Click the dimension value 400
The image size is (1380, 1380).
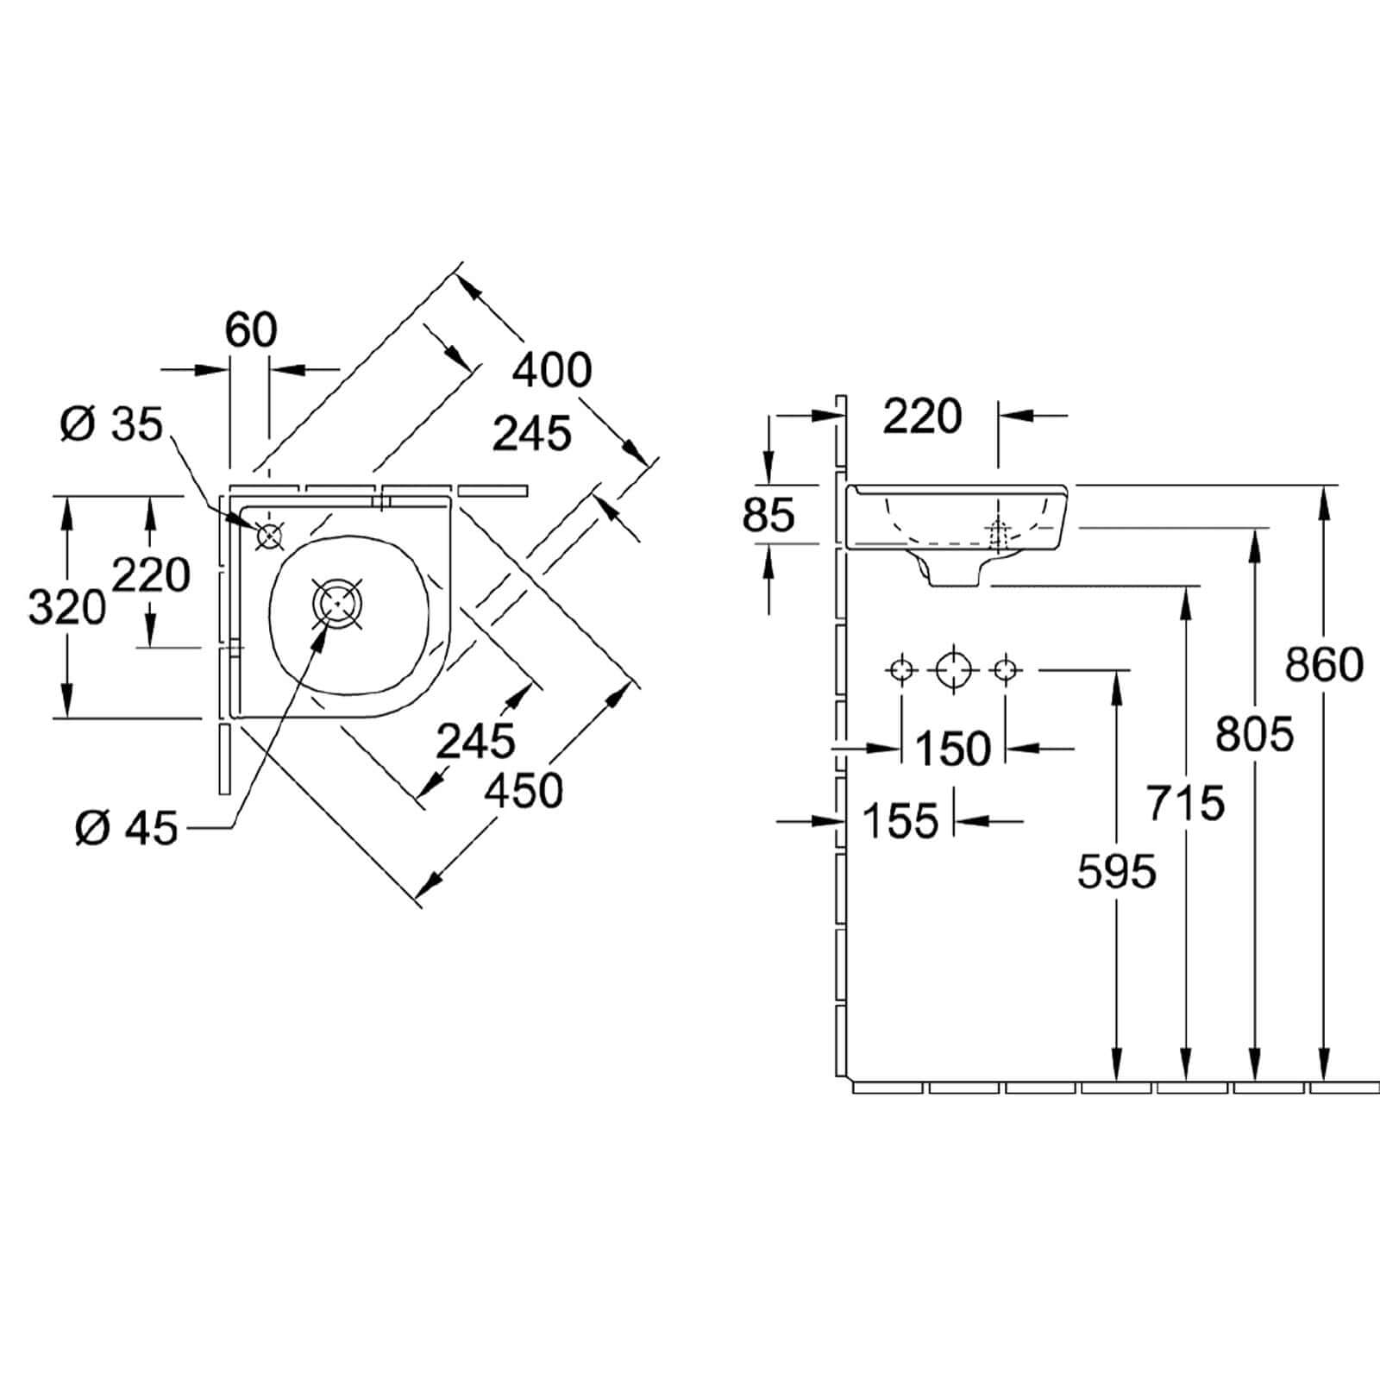point(552,370)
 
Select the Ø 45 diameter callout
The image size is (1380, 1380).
point(126,829)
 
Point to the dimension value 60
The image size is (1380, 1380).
point(251,329)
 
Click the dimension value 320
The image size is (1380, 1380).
point(67,606)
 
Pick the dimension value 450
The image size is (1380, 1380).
point(524,791)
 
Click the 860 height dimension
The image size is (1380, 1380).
point(1324,664)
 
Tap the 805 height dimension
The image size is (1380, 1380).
point(1255,735)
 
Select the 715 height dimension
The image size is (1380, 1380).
point(1186,804)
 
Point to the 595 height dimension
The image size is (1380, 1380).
point(1117,872)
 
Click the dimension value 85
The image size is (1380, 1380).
point(768,516)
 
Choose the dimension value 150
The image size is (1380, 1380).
point(953,748)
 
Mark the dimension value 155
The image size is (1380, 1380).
point(900,820)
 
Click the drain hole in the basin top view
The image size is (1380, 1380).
point(337,601)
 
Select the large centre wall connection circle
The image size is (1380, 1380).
point(953,668)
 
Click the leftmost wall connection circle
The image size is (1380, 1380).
point(901,668)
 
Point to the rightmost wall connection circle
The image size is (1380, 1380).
point(1005,668)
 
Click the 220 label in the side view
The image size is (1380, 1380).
point(921,417)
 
